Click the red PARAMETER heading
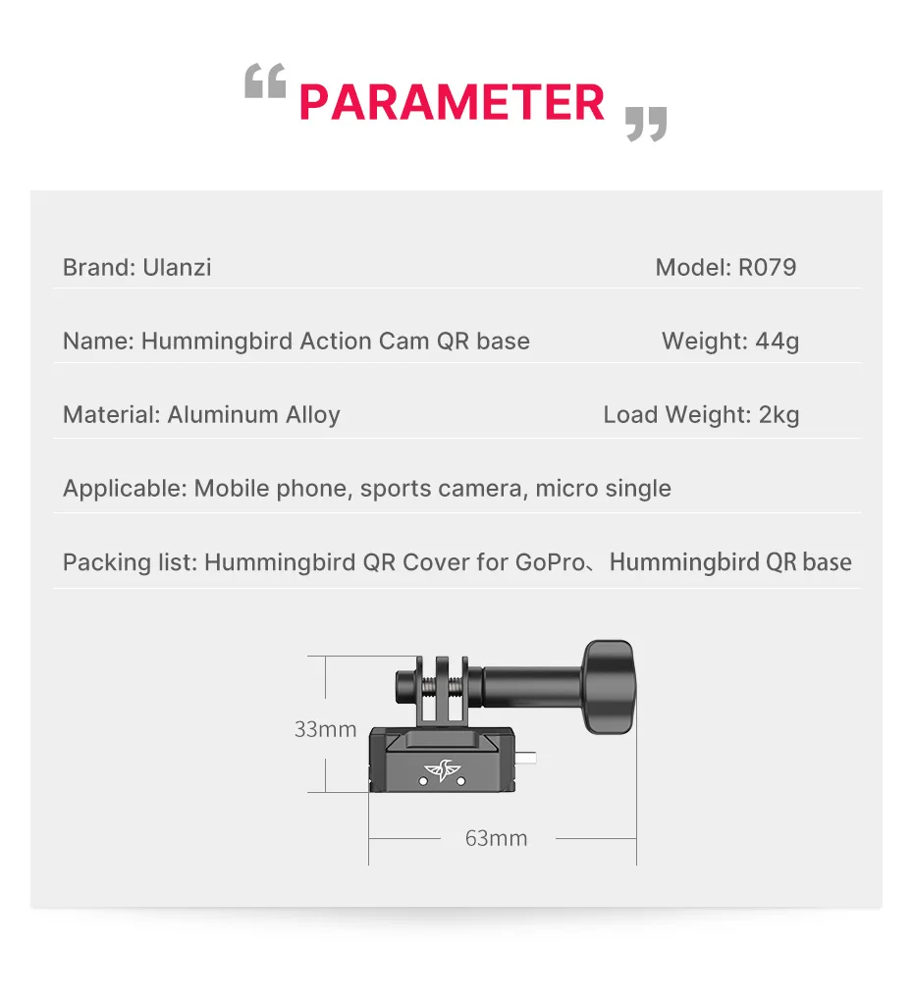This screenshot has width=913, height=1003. click(x=452, y=103)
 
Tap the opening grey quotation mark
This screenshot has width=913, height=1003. click(x=265, y=82)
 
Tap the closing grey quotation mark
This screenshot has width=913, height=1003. click(x=646, y=125)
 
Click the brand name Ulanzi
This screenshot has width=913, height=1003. click(x=177, y=267)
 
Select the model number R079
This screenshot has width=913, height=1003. click(x=767, y=267)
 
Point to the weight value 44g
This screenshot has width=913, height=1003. click(x=777, y=342)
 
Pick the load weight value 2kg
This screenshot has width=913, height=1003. click(x=779, y=414)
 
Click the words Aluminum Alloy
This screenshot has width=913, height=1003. click(x=253, y=414)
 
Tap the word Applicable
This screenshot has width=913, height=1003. click(x=124, y=488)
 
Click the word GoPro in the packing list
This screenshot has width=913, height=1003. click(x=550, y=562)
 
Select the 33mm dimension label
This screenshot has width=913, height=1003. click(x=325, y=729)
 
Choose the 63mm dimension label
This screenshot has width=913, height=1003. click(x=496, y=838)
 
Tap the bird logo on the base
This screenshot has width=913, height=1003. click(x=443, y=772)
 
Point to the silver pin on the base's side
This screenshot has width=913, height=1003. click(x=529, y=759)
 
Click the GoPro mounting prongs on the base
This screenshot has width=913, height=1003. click(x=442, y=687)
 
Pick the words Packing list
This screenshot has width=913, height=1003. click(x=130, y=562)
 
